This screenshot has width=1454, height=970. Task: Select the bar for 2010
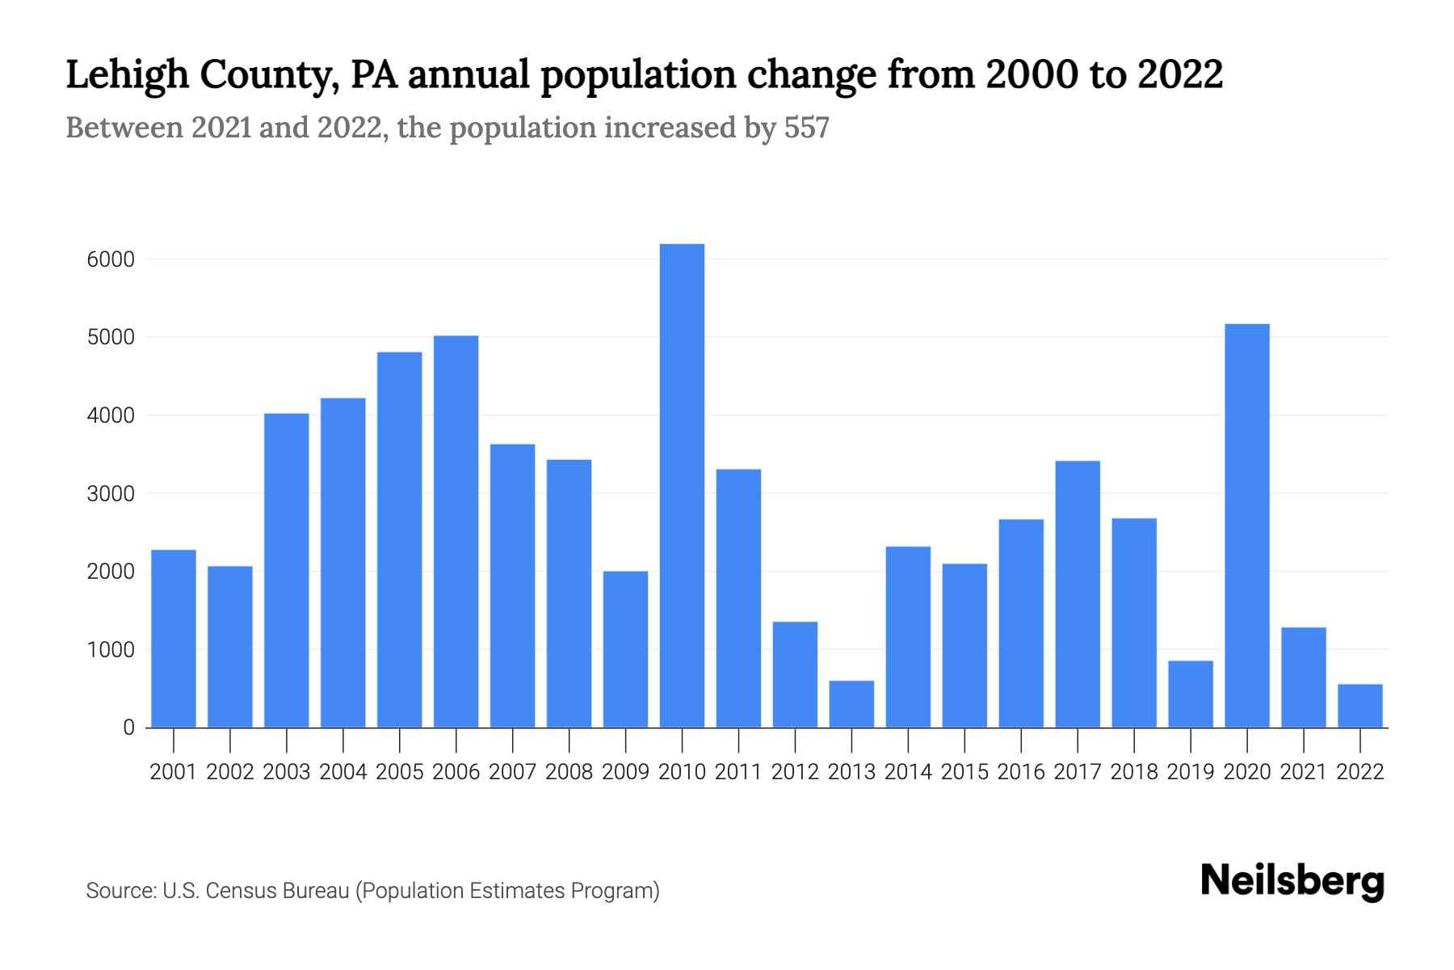coord(682,485)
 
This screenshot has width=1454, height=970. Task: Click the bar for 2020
coord(1246,525)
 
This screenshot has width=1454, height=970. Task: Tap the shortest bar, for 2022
coord(1359,706)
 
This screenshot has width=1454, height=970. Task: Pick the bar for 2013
coord(851,704)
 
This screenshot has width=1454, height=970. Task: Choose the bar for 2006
coord(456,531)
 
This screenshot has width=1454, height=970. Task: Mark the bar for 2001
coord(174,639)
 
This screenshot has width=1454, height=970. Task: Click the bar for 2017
coord(1077,594)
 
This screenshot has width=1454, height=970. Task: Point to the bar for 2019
coord(1190,694)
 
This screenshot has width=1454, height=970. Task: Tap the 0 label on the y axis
coord(128,727)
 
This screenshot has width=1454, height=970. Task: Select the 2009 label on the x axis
coord(625,772)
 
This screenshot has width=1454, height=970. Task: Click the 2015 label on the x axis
coord(964,772)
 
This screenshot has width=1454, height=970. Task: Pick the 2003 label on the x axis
coord(287,772)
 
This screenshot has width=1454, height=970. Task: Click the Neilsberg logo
coord(1292,881)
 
